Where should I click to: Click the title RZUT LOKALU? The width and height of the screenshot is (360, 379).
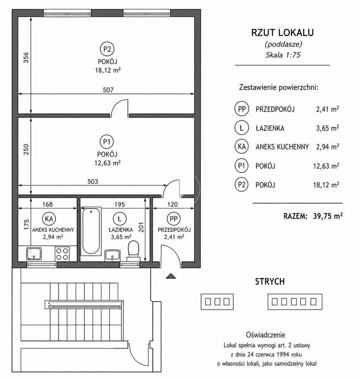[x=283, y=33]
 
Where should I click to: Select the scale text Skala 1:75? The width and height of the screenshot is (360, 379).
[x=283, y=55]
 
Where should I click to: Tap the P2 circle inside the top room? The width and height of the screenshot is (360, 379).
[x=107, y=49]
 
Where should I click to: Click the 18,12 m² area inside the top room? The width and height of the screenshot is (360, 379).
[x=108, y=70]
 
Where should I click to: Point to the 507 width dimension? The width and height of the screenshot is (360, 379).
[x=108, y=90]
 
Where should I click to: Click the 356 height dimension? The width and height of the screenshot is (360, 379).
[x=26, y=58]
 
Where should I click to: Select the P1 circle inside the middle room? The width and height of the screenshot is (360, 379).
[x=107, y=142]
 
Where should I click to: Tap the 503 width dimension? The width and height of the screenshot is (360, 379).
[x=93, y=182]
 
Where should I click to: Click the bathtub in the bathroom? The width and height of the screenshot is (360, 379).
[x=91, y=231]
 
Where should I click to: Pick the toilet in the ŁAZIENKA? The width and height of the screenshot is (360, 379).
[x=134, y=250]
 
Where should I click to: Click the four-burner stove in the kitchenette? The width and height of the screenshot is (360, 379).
[x=62, y=254]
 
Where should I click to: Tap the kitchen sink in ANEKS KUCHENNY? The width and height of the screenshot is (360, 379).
[x=34, y=254]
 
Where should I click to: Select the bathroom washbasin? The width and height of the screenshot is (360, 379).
[x=112, y=256]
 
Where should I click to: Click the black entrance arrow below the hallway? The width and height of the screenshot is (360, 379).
[x=171, y=276]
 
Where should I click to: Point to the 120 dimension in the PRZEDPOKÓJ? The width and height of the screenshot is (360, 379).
[x=172, y=205]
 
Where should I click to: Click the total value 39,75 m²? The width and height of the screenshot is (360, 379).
[x=328, y=216]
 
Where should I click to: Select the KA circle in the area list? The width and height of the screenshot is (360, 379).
[x=241, y=146]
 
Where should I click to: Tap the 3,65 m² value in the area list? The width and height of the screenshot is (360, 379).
[x=327, y=128]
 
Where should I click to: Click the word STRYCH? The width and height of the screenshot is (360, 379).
[x=270, y=281]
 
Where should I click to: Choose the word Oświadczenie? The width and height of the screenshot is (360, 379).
[x=265, y=335]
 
